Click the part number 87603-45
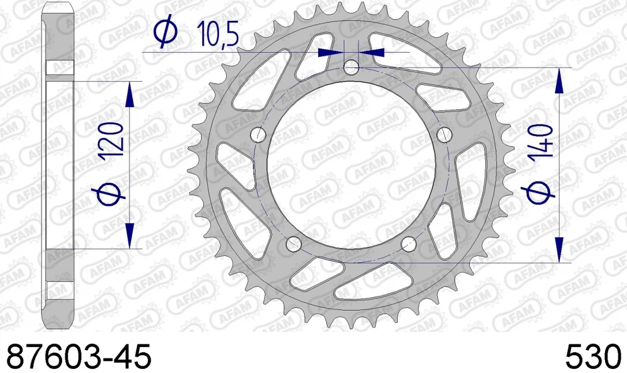point(79,356)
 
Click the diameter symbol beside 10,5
point(166,31)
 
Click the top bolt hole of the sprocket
point(351,67)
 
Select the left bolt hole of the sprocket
point(259,134)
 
